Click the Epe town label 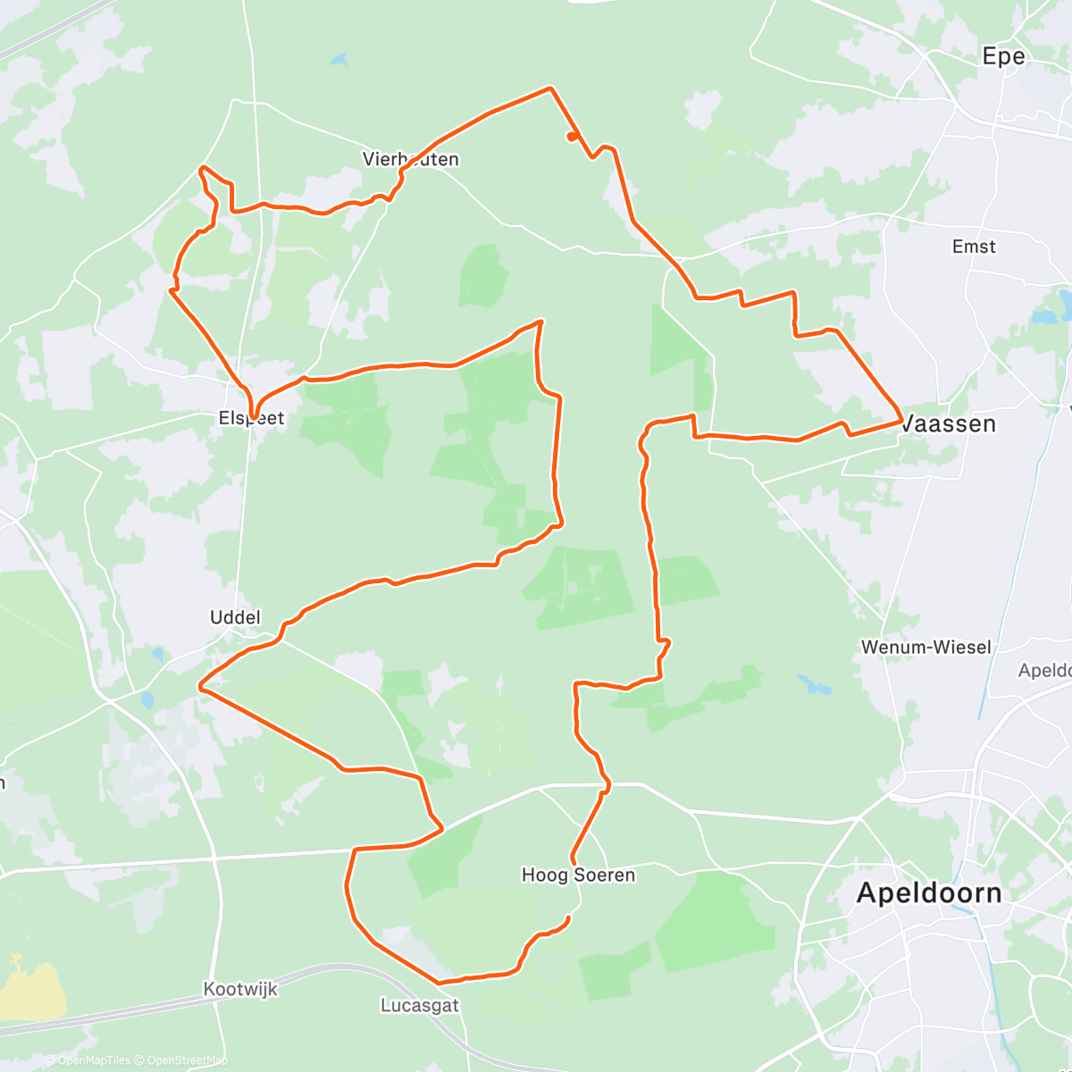[x=1003, y=56]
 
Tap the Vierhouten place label [x=411, y=160]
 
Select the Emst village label [x=974, y=247]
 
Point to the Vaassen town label [x=949, y=423]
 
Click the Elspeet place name [x=252, y=418]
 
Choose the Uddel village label [x=235, y=617]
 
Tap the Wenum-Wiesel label [x=925, y=647]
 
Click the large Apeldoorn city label [x=929, y=892]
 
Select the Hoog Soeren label [x=578, y=875]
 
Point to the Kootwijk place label [x=240, y=990]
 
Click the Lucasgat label [x=420, y=1006]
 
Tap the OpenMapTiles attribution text [x=93, y=1061]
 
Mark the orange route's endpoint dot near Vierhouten [x=570, y=137]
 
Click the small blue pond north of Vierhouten [x=339, y=61]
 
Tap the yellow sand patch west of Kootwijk [x=31, y=987]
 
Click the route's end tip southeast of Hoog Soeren [x=569, y=918]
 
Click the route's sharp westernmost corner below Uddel [x=201, y=689]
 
